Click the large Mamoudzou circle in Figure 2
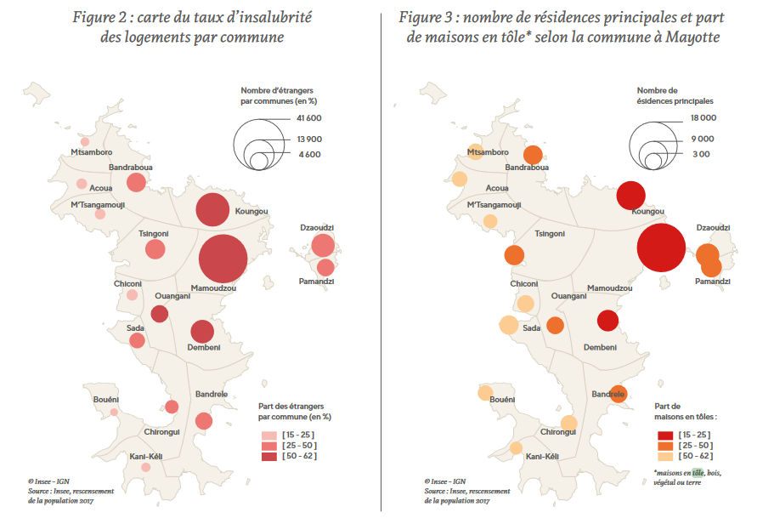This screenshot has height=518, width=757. pyautogui.click(x=223, y=259)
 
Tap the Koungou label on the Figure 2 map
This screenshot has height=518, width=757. pyautogui.click(x=251, y=211)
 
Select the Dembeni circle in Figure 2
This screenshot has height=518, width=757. pyautogui.click(x=202, y=332)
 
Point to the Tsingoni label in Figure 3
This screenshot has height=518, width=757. pyautogui.click(x=550, y=234)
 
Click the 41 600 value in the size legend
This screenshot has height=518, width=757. pyautogui.click(x=308, y=118)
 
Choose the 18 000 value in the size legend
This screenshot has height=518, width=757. pyautogui.click(x=703, y=118)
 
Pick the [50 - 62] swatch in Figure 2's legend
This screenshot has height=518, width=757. pyautogui.click(x=268, y=457)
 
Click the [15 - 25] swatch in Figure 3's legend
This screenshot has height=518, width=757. pyautogui.click(x=664, y=434)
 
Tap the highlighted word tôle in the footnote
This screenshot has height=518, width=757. pyautogui.click(x=698, y=473)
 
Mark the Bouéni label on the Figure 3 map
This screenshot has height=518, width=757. pyautogui.click(x=503, y=399)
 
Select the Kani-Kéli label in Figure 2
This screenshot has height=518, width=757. pyautogui.click(x=145, y=457)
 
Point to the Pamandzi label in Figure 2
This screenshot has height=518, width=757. pyautogui.click(x=316, y=281)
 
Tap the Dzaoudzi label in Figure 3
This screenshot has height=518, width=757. pyautogui.click(x=713, y=228)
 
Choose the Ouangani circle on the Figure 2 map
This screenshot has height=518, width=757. pyautogui.click(x=159, y=314)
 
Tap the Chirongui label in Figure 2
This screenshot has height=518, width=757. pyautogui.click(x=162, y=432)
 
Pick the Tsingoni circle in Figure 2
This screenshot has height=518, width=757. pyautogui.click(x=155, y=249)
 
